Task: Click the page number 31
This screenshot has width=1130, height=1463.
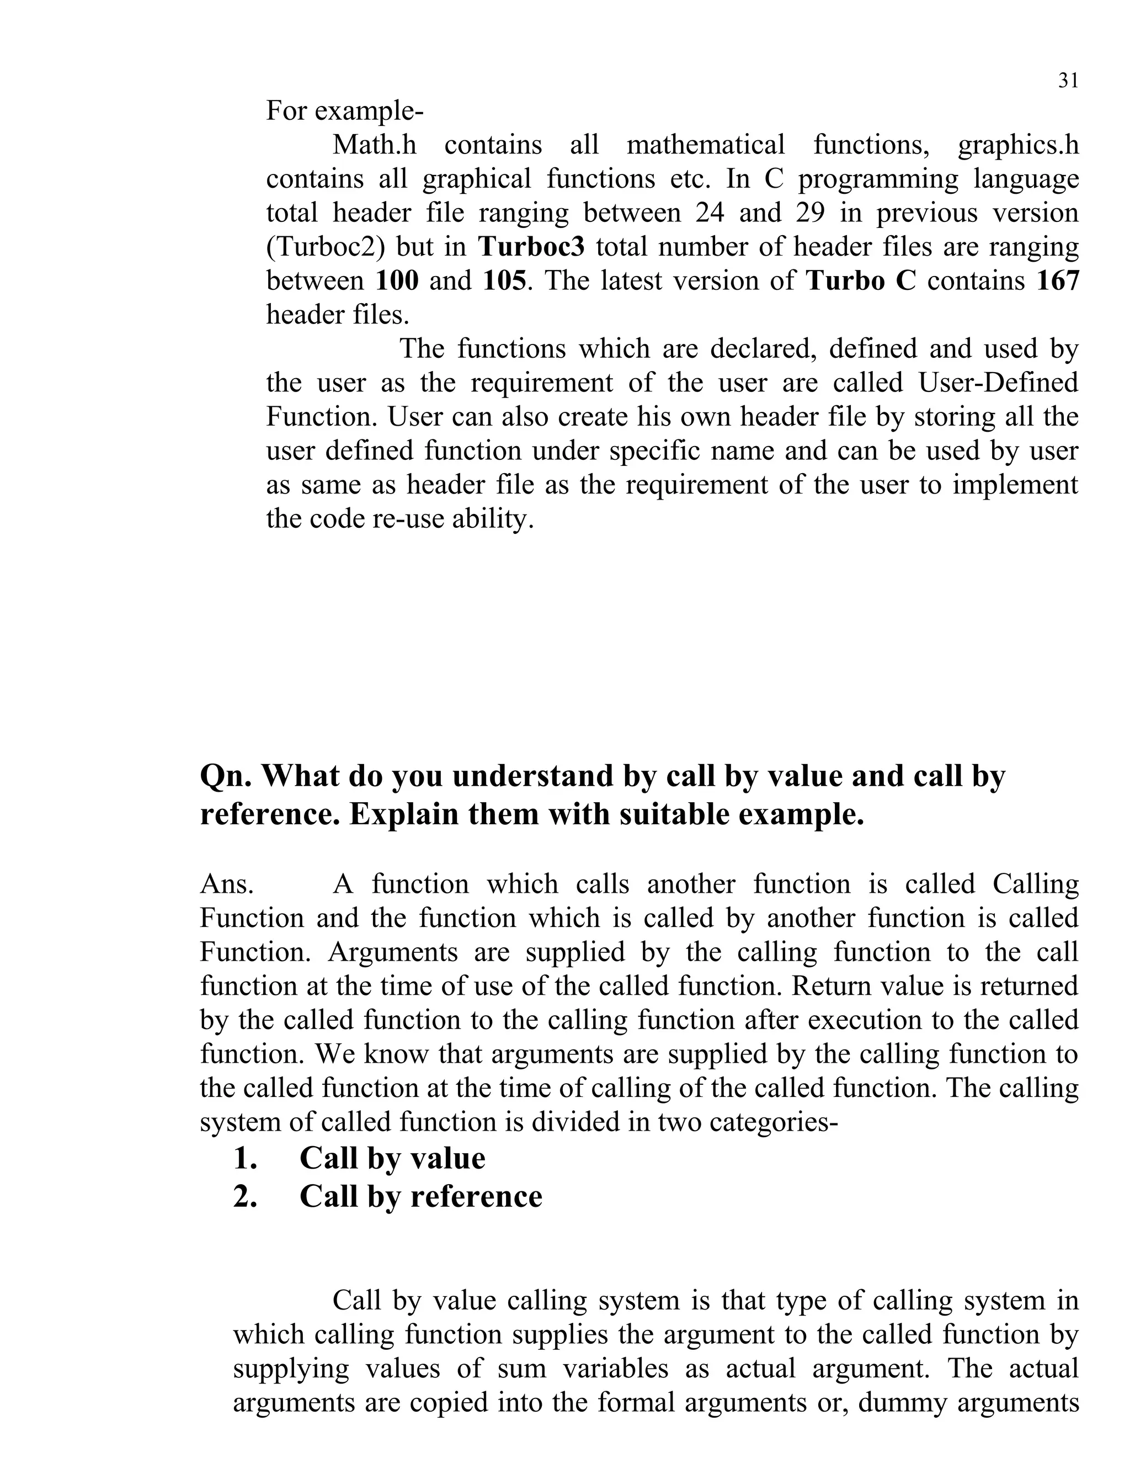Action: (x=1068, y=81)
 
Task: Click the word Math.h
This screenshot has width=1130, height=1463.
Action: (x=374, y=145)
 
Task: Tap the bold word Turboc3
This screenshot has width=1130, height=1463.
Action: (x=531, y=247)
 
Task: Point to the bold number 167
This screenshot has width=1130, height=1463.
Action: (x=1058, y=280)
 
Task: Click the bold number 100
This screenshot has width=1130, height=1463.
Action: (x=397, y=280)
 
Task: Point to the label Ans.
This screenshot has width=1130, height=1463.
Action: (x=227, y=884)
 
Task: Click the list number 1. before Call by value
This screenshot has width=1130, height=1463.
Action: (x=246, y=1158)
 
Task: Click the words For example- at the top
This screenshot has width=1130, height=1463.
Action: (x=345, y=110)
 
